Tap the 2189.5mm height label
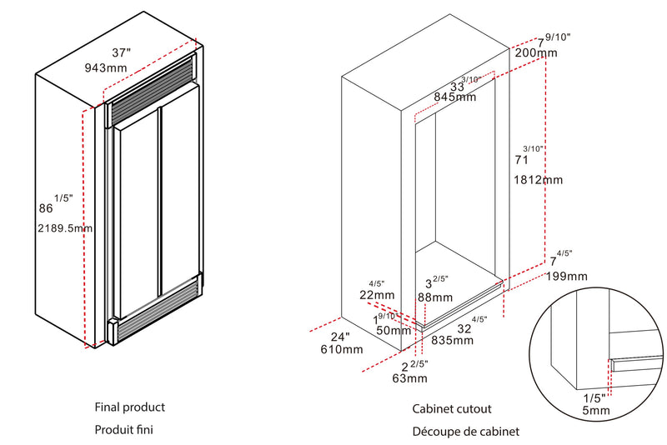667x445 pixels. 65,227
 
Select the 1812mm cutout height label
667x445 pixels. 540,179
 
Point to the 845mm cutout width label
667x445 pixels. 454,97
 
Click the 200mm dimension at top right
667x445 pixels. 536,52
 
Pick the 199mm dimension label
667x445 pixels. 567,276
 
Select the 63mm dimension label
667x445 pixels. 409,379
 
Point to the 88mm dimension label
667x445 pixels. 435,297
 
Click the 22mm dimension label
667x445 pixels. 377,294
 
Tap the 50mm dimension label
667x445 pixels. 394,330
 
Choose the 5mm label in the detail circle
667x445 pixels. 595,410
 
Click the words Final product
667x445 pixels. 130,407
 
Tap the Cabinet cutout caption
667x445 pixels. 452,409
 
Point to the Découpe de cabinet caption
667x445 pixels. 465,432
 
